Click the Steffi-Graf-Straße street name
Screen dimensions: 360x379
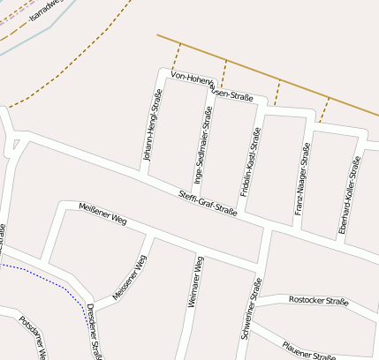point(208,203)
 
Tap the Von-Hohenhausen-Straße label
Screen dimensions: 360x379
point(212,86)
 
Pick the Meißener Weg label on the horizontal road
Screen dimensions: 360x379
point(103,214)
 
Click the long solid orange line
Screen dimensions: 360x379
point(265,72)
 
